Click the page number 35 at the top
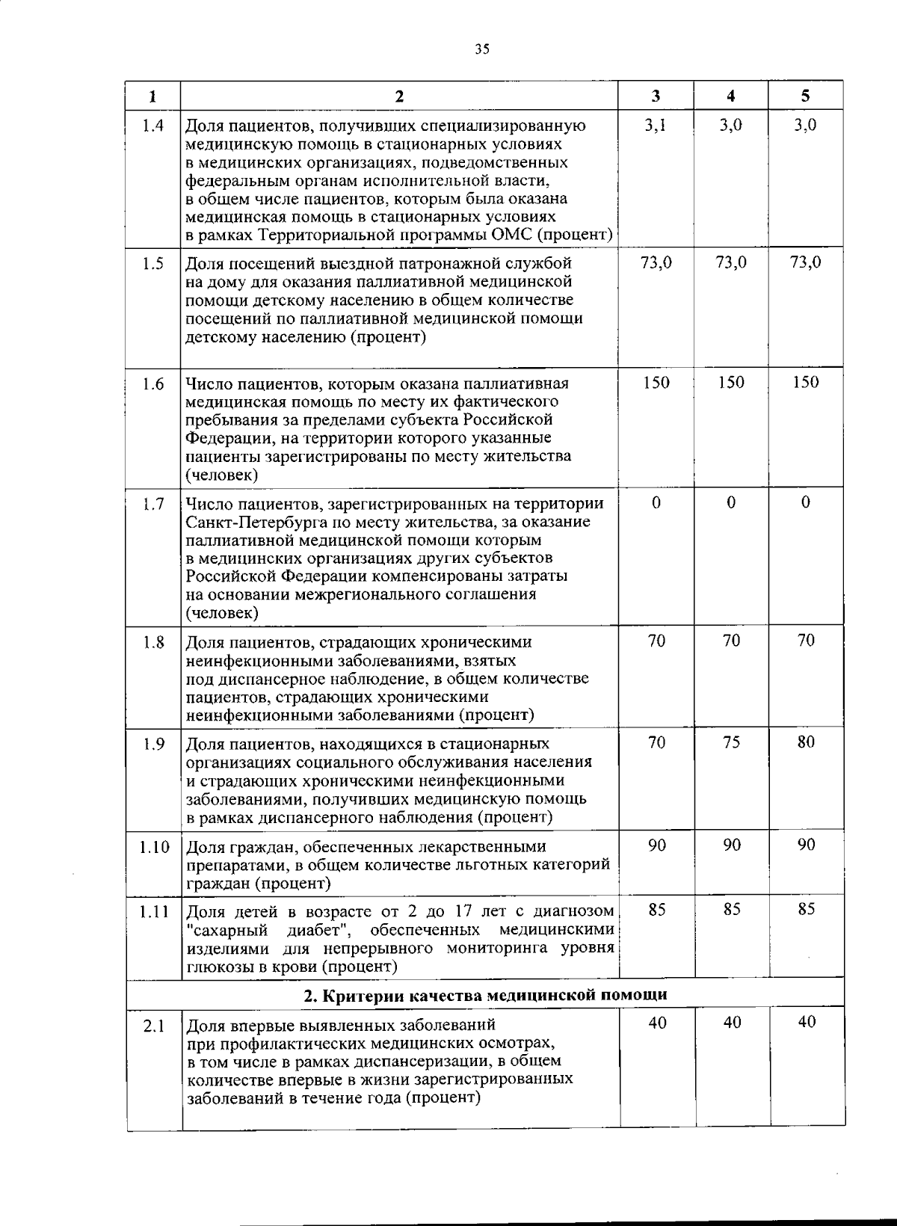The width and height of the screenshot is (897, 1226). [x=481, y=49]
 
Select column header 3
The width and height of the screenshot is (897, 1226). [x=656, y=96]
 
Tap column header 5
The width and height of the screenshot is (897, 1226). [x=805, y=96]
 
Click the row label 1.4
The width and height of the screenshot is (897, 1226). [x=153, y=126]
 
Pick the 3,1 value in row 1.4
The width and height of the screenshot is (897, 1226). [x=656, y=126]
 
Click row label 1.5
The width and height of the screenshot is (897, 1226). [x=153, y=263]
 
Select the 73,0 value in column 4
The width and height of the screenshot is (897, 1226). [x=731, y=262]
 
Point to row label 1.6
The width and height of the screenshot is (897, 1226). [x=153, y=383]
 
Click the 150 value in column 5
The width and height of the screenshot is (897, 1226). [x=806, y=383]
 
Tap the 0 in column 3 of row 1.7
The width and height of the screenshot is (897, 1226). [x=656, y=503]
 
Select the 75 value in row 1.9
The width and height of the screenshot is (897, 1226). [x=732, y=742]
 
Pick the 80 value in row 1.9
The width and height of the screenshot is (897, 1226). [x=806, y=742]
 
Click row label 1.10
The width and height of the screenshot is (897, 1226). [x=154, y=847]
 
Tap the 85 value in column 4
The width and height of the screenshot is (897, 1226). [x=732, y=910]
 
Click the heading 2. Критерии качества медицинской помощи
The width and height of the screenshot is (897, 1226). [x=485, y=996]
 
